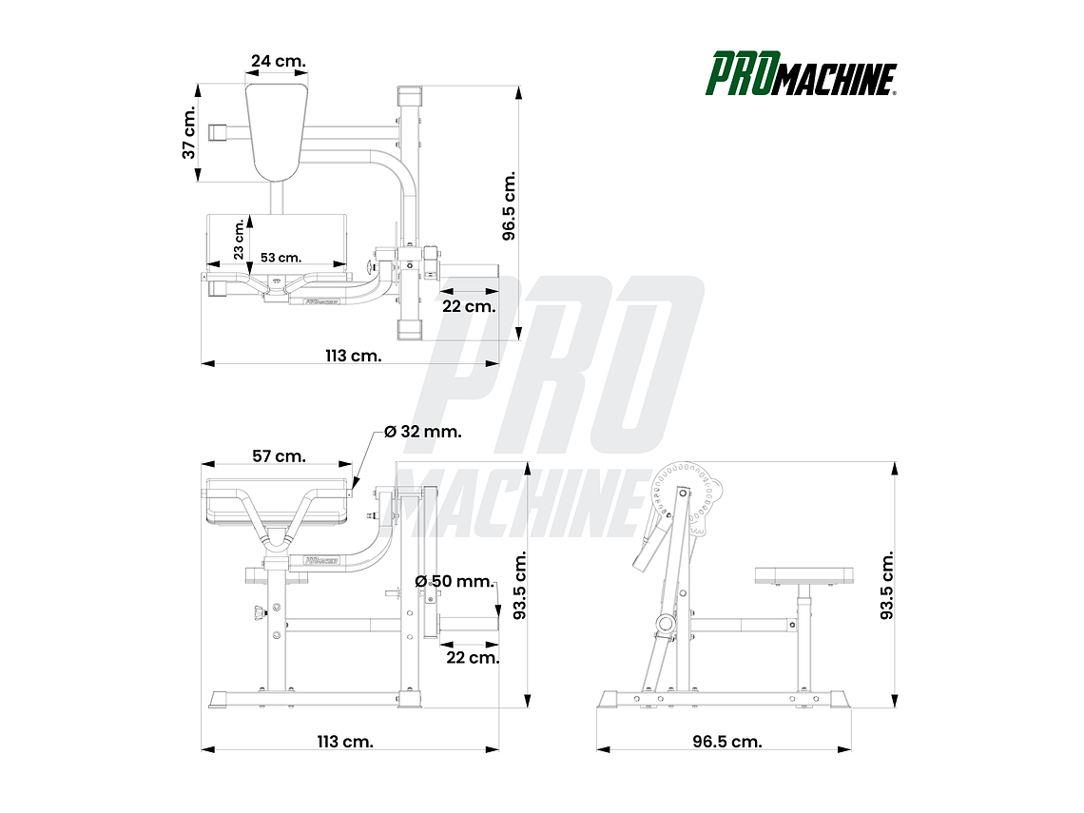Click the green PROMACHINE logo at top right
pos(801,74)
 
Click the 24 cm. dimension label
pos(278,61)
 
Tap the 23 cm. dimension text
pos(240,240)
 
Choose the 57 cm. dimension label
pos(279,455)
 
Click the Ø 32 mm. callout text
pos(423,431)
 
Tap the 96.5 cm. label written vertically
pos(509,206)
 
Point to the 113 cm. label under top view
pos(353,356)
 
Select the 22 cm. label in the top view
pos(469,305)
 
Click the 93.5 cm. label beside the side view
pos(886,585)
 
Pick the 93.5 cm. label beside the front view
pos(519,585)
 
